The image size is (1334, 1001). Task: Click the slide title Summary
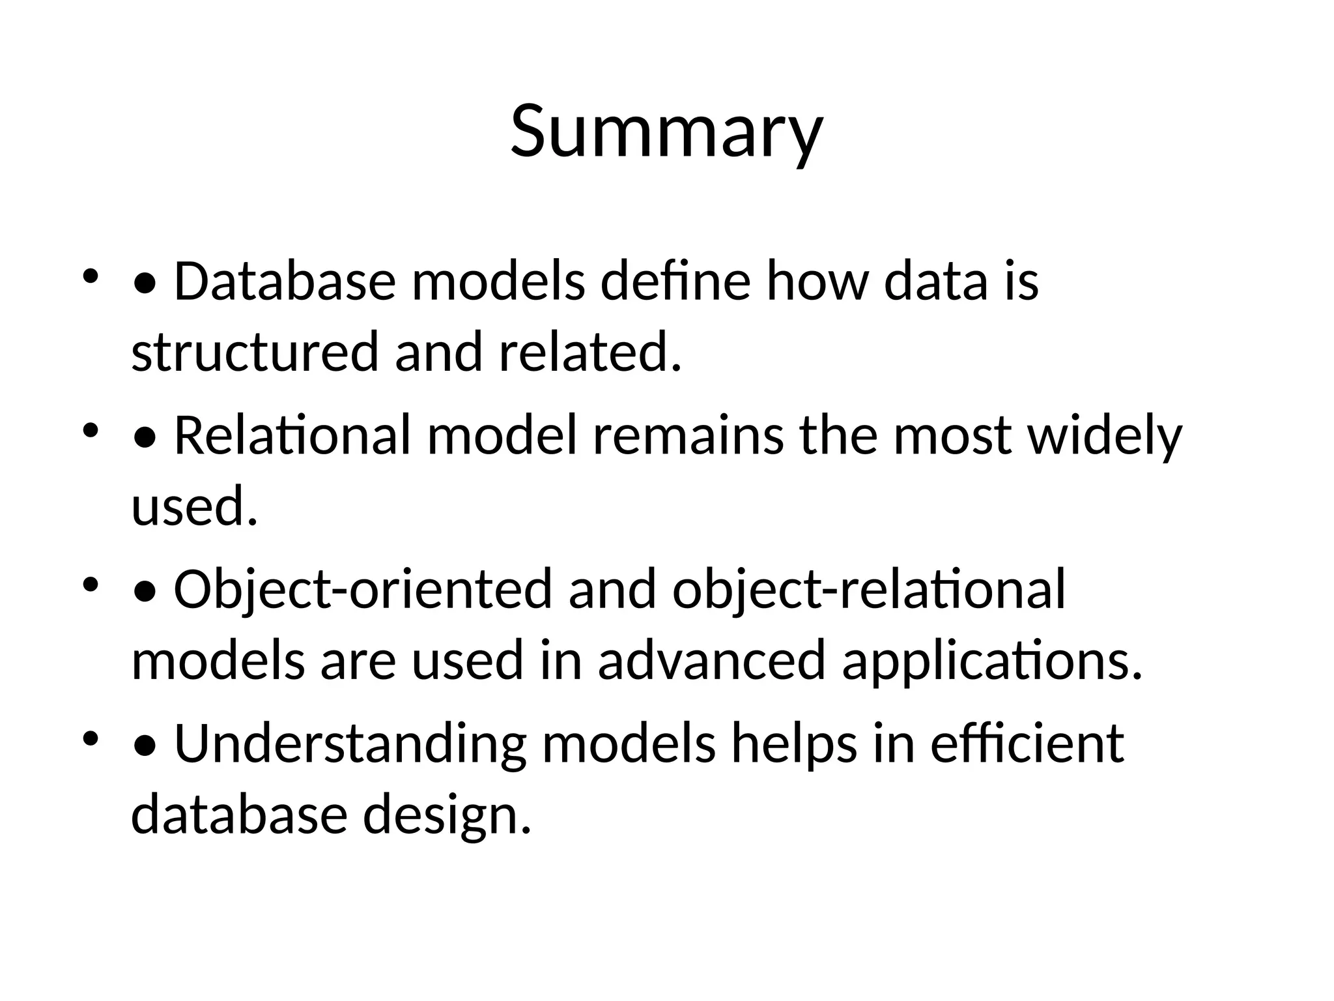pos(666,132)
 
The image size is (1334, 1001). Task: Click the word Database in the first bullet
pos(285,282)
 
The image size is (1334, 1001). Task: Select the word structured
pos(255,352)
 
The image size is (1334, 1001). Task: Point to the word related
pos(589,352)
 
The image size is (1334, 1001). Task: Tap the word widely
pos(1104,436)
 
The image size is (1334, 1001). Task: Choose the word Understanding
pos(350,744)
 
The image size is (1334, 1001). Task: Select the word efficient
pos(1027,744)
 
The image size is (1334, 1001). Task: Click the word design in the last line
pos(447,815)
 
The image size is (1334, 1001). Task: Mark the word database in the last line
pos(239,815)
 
